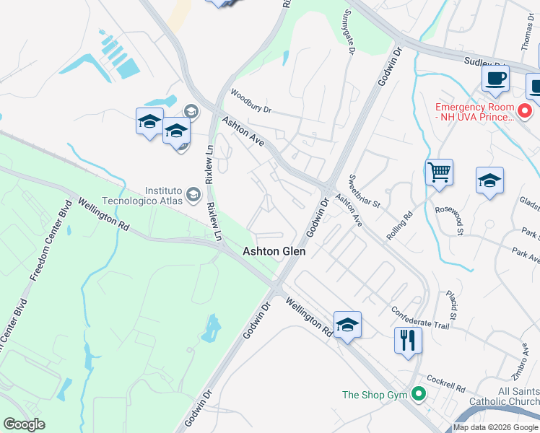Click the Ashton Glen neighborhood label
274,251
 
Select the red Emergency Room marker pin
526,111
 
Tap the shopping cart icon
439,172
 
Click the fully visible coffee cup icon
495,79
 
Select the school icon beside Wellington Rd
347,324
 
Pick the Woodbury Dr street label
251,102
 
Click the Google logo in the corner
24,424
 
